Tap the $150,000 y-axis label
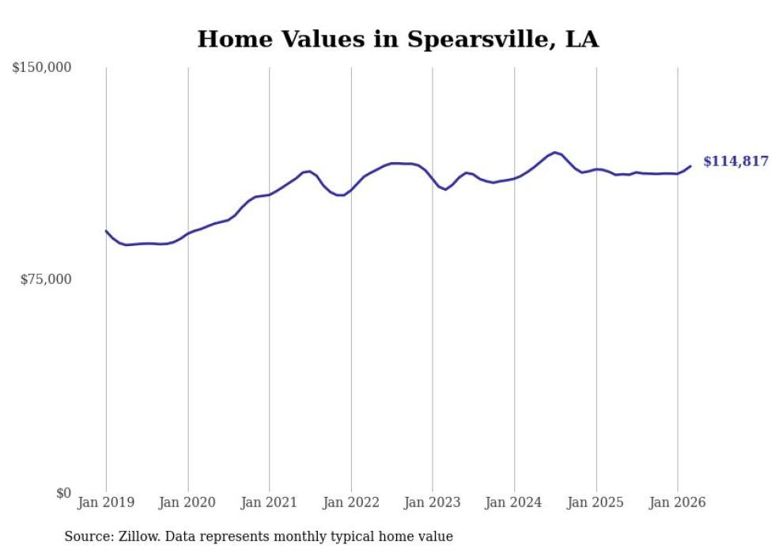coord(42,68)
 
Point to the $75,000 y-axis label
coord(45,279)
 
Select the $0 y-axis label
coord(63,493)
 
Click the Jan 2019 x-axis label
coord(106,502)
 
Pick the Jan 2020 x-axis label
coord(187,502)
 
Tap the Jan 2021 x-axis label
coord(270,502)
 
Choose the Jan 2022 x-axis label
coord(351,502)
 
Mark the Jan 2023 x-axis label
coord(433,502)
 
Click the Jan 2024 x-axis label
coord(514,502)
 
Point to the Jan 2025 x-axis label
coord(596,502)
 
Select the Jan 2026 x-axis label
coord(678,502)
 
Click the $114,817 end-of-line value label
coord(735,161)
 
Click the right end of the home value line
coord(690,166)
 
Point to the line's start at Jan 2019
coord(106,231)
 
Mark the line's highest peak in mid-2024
coord(555,153)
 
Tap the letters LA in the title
coord(582,39)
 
